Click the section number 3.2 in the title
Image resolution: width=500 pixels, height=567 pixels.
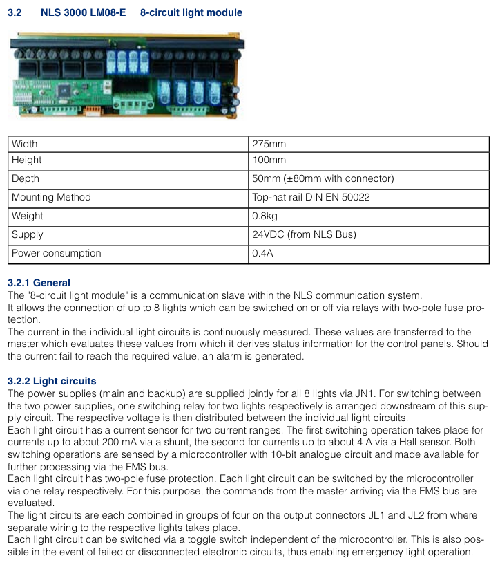[x=15, y=12]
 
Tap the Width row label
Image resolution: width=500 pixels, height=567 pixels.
[x=25, y=144]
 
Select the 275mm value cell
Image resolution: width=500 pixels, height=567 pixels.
[x=269, y=144]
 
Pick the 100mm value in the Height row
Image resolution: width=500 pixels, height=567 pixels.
[x=269, y=160]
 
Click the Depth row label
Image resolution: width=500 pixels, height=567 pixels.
[x=26, y=178]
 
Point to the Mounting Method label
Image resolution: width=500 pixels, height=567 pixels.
[x=51, y=197]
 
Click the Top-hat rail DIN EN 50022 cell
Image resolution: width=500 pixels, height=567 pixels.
[x=311, y=197]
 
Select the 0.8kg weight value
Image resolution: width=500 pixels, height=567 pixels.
[x=266, y=216]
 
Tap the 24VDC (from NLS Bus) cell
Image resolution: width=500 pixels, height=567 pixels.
[x=304, y=234]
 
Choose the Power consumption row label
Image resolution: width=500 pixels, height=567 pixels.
[x=56, y=253]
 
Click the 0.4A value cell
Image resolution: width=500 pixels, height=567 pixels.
[x=262, y=253]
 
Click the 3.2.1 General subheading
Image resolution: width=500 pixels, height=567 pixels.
[x=39, y=283]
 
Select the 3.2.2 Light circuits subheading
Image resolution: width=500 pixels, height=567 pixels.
[x=52, y=381]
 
